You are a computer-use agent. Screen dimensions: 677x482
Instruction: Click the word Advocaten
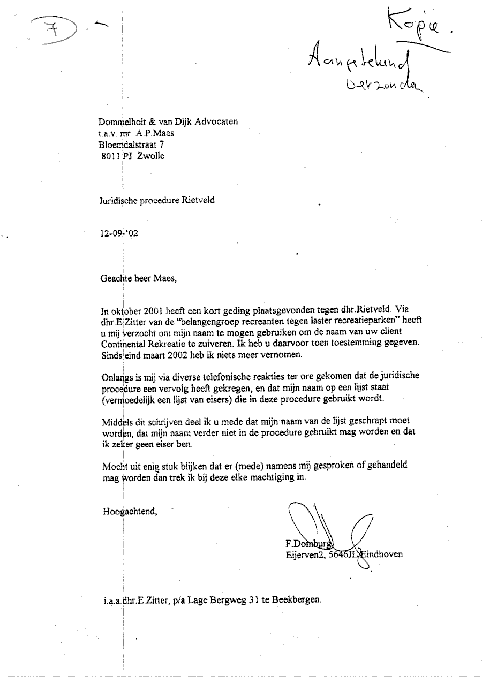pos(217,121)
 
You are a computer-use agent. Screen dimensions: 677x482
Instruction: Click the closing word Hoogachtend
pos(129,511)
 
